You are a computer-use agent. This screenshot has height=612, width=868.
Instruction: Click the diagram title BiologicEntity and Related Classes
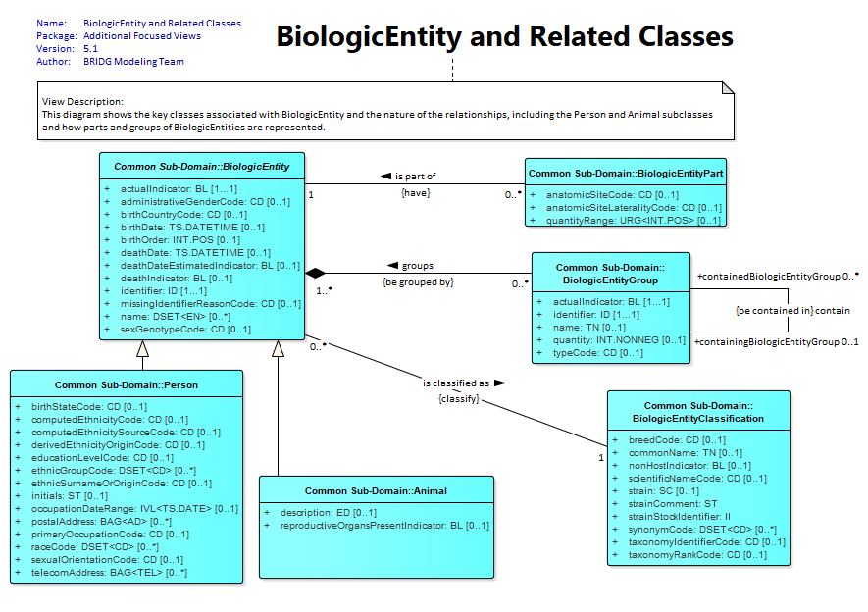coord(504,36)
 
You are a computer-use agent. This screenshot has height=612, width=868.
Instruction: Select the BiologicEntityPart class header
coord(626,174)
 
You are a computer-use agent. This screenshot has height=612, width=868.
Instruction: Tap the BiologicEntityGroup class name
coord(611,274)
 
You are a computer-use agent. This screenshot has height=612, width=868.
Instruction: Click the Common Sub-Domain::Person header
coord(127,385)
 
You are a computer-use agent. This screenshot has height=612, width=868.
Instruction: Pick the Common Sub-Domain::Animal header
coord(376,490)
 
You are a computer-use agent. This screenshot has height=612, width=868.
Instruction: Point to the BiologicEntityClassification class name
coord(698,412)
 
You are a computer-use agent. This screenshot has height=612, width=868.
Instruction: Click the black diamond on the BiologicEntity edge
coord(315,273)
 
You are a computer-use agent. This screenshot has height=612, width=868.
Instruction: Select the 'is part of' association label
coord(408,176)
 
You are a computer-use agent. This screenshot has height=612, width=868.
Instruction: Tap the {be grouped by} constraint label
coord(418,282)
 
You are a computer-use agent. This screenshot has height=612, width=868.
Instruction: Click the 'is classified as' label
coord(464,382)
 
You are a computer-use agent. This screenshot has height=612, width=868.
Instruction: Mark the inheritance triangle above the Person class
coord(143,348)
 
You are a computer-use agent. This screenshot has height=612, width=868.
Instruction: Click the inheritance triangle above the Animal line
coord(278,348)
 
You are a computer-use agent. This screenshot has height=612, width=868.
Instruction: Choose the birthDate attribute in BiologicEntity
coord(192,228)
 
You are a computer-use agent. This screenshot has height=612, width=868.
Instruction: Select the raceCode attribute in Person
coord(95,547)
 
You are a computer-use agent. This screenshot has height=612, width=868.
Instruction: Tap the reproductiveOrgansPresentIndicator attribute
coord(384,526)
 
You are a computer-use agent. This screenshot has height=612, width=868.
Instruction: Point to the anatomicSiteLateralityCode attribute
coord(634,208)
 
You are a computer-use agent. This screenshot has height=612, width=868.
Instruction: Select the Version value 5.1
coord(90,49)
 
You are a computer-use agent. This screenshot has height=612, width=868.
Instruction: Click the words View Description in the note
coord(82,102)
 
